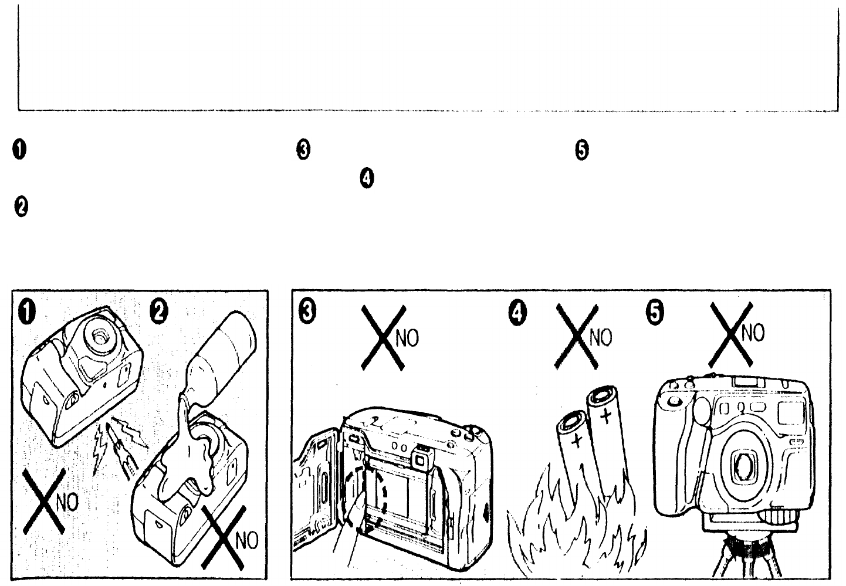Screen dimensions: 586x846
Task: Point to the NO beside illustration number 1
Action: coord(69,503)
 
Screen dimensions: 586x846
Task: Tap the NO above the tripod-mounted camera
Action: coord(754,333)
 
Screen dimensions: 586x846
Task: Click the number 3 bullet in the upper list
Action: coord(303,150)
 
